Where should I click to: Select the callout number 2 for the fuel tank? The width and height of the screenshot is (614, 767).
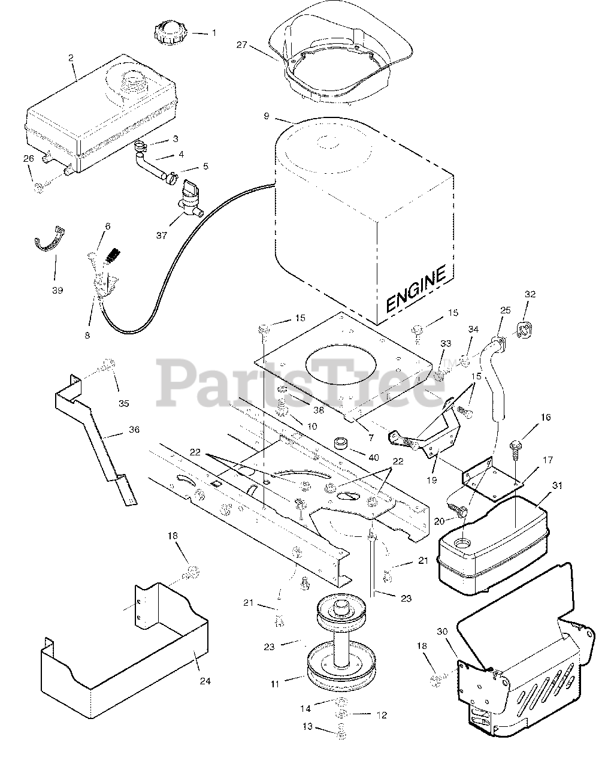[x=71, y=58]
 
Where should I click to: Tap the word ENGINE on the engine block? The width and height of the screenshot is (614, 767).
[x=416, y=289]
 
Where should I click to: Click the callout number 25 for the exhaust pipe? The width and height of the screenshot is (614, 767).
[x=506, y=310]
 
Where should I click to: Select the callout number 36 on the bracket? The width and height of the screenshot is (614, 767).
[x=134, y=430]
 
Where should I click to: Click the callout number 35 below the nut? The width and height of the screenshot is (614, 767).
[x=123, y=403]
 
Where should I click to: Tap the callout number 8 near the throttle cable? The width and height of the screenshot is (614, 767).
[x=87, y=336]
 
